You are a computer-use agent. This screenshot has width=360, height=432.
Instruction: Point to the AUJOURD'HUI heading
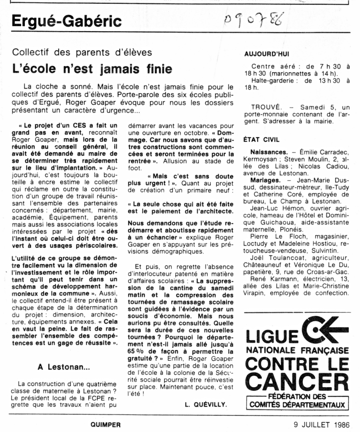267,54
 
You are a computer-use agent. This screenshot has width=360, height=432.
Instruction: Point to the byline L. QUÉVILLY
205,403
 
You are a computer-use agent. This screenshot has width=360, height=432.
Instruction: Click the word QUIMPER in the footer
105,425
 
